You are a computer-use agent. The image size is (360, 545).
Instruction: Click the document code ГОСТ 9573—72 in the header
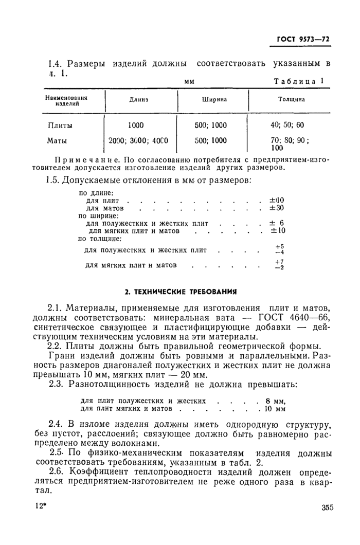303,40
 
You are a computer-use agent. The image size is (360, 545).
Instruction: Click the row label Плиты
60,125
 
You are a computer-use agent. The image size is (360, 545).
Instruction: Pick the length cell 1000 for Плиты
136,125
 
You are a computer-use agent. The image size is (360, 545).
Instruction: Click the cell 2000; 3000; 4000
139,140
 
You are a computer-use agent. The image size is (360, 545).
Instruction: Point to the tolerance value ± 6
277,224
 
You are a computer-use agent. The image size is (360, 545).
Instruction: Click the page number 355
327,507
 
